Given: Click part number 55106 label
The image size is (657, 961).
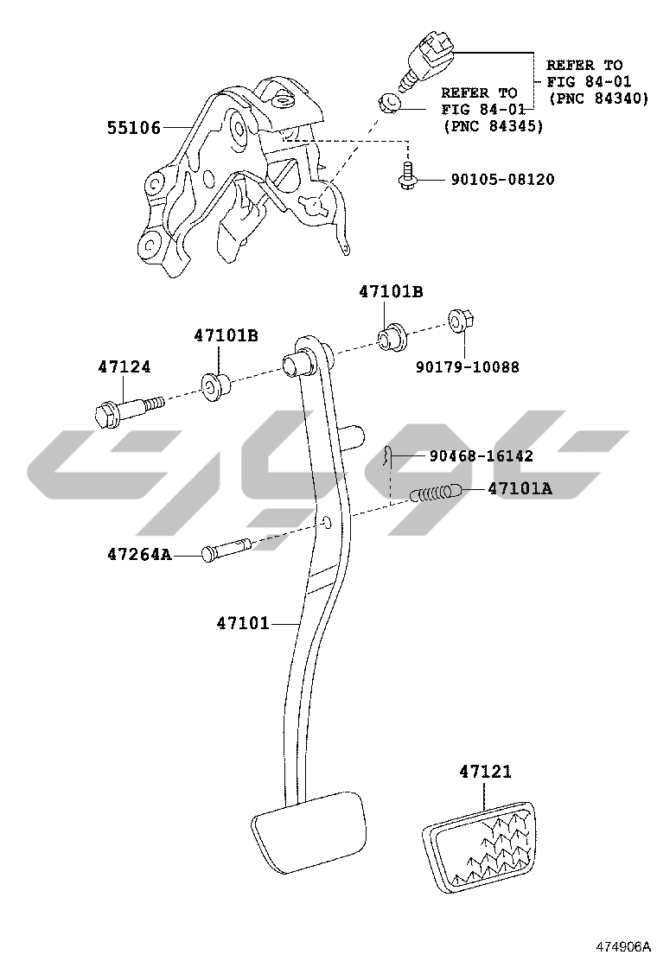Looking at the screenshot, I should (134, 129).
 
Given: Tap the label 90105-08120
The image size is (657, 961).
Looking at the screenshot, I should (501, 180).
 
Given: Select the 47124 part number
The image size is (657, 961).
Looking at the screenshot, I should (124, 366).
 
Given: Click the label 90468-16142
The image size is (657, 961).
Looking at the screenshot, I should (481, 455).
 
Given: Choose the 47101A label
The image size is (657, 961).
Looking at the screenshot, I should (520, 488).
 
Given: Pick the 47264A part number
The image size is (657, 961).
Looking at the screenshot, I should (139, 554).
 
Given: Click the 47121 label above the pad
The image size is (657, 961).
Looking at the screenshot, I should (484, 772).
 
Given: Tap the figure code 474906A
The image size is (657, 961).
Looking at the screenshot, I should (619, 945).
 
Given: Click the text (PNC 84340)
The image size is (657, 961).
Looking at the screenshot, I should (596, 99).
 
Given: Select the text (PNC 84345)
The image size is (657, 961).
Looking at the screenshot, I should (492, 126).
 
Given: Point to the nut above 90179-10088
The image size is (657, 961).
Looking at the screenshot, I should (456, 323).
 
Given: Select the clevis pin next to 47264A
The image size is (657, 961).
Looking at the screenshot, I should (226, 550).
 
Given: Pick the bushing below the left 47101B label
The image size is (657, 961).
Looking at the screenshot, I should (214, 386).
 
